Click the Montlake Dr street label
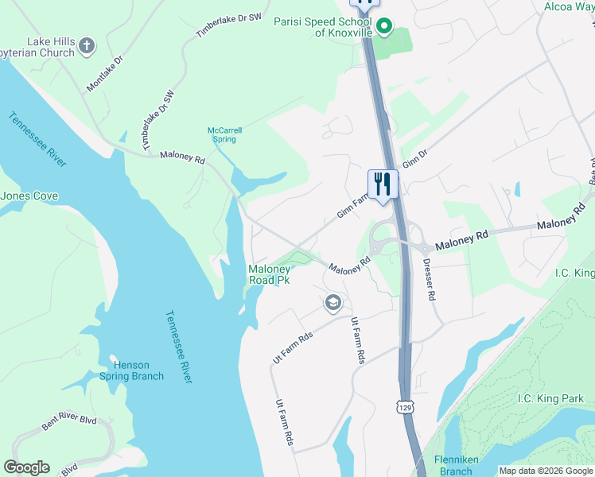pos(105,72)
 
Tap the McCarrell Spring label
pos(224,134)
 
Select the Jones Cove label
pos(29,196)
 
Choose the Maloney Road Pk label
pos(270,275)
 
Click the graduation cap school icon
pos(332,303)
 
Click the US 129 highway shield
pos(406,406)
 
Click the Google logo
pos(26,467)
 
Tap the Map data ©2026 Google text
pos(546,471)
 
